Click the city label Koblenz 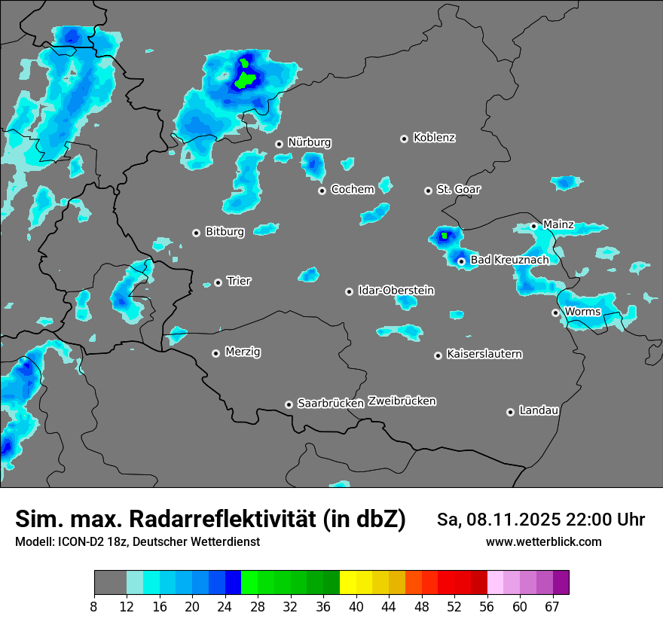click(x=434, y=138)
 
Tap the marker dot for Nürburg click(x=279, y=144)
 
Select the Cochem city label click(x=353, y=189)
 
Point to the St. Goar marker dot click(x=428, y=191)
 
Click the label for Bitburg click(x=225, y=232)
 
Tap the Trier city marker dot click(x=218, y=282)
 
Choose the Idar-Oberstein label click(x=396, y=291)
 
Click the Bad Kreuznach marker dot click(x=461, y=261)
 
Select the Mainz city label click(x=558, y=224)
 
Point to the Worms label click(x=582, y=312)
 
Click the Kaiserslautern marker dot click(x=438, y=355)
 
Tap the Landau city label click(x=539, y=410)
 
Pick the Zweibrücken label click(x=402, y=401)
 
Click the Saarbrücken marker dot click(x=289, y=404)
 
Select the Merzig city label click(x=243, y=352)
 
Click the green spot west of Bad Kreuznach click(x=445, y=236)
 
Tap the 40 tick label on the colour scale click(x=356, y=607)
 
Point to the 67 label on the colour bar click(x=552, y=607)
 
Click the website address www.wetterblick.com click(x=544, y=542)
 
